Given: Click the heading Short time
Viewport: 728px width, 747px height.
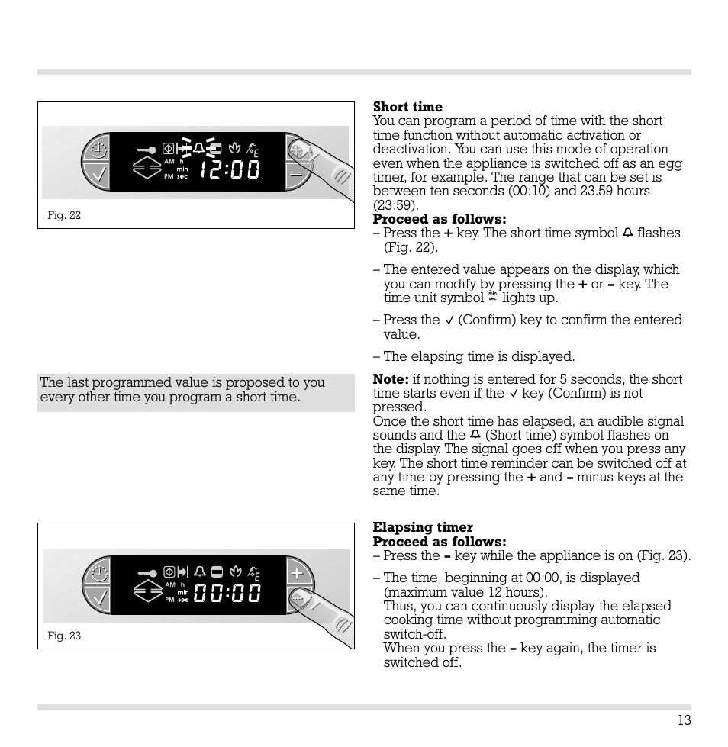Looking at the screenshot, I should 407,107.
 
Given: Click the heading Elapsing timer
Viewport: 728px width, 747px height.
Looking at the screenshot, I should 423,528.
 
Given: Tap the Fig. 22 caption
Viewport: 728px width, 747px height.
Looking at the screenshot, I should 64,216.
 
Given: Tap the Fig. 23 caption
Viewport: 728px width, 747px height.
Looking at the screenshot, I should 64,636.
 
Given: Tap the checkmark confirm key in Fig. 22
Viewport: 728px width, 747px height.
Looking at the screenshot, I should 98,177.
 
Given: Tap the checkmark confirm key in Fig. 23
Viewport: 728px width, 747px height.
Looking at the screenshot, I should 98,598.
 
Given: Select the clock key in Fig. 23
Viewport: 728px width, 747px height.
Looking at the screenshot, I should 98,572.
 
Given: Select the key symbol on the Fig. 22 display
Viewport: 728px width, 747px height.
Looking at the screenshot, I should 147,150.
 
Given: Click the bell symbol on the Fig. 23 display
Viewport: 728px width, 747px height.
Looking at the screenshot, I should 200,571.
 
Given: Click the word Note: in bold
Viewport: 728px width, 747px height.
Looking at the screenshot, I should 391,380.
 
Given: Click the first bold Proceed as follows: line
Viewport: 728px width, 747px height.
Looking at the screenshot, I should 440,220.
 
